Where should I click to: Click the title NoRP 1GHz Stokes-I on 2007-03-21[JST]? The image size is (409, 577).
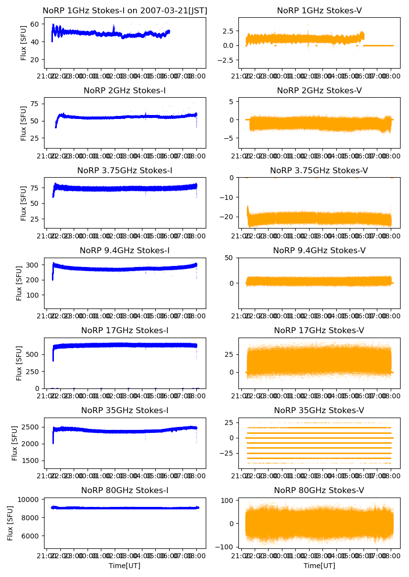[125, 10]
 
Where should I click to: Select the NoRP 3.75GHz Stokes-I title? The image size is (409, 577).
[125, 170]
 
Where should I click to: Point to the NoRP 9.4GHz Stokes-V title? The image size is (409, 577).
[319, 250]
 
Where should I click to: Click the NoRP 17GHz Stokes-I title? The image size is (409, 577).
[125, 330]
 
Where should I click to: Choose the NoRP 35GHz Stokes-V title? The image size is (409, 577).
[319, 410]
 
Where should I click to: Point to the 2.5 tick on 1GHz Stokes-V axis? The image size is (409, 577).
[228, 31]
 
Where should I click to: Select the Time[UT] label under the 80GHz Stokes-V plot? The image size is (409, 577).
[319, 566]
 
